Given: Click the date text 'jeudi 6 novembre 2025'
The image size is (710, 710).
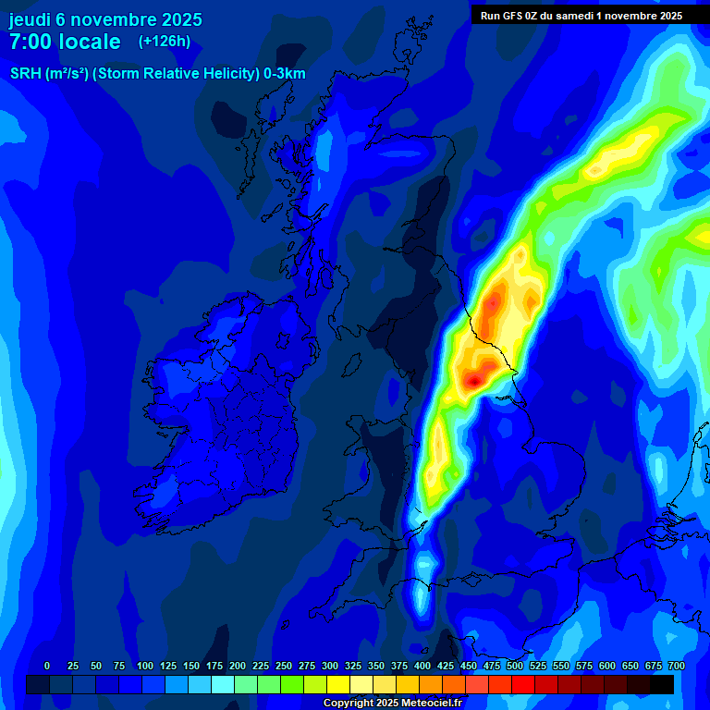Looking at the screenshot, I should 105,19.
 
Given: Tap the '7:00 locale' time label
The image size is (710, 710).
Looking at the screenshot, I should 65,42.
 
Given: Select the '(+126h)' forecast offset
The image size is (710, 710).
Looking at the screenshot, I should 165,42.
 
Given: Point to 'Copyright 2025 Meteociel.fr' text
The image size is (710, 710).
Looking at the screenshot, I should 393,703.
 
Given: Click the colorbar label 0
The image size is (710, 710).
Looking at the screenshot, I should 47,666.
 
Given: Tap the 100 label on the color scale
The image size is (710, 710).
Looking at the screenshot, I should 145,666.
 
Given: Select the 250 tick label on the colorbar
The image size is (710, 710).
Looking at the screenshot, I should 284,666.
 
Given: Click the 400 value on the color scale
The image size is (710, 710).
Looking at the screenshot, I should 422,666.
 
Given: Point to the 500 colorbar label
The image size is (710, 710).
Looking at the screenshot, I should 515,666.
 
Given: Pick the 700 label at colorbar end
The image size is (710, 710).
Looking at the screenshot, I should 676,666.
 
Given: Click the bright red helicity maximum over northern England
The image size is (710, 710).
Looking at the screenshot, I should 473,379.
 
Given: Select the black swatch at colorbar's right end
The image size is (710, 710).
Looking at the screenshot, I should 662,684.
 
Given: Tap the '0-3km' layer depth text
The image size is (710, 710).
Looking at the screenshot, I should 285,74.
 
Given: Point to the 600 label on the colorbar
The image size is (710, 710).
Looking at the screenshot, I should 607,666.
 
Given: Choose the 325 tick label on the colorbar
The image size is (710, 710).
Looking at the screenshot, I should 353,666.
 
